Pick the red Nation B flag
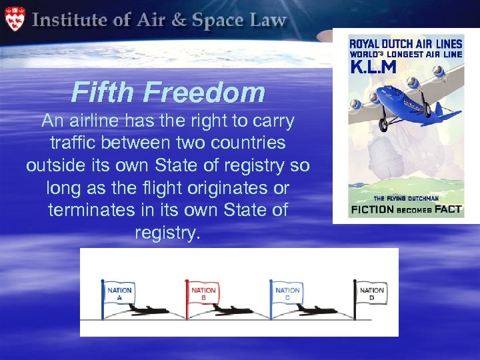(203, 294)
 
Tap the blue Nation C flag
(287, 294)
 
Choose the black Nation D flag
(371, 294)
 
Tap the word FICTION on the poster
(374, 209)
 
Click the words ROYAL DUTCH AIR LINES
(405, 45)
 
